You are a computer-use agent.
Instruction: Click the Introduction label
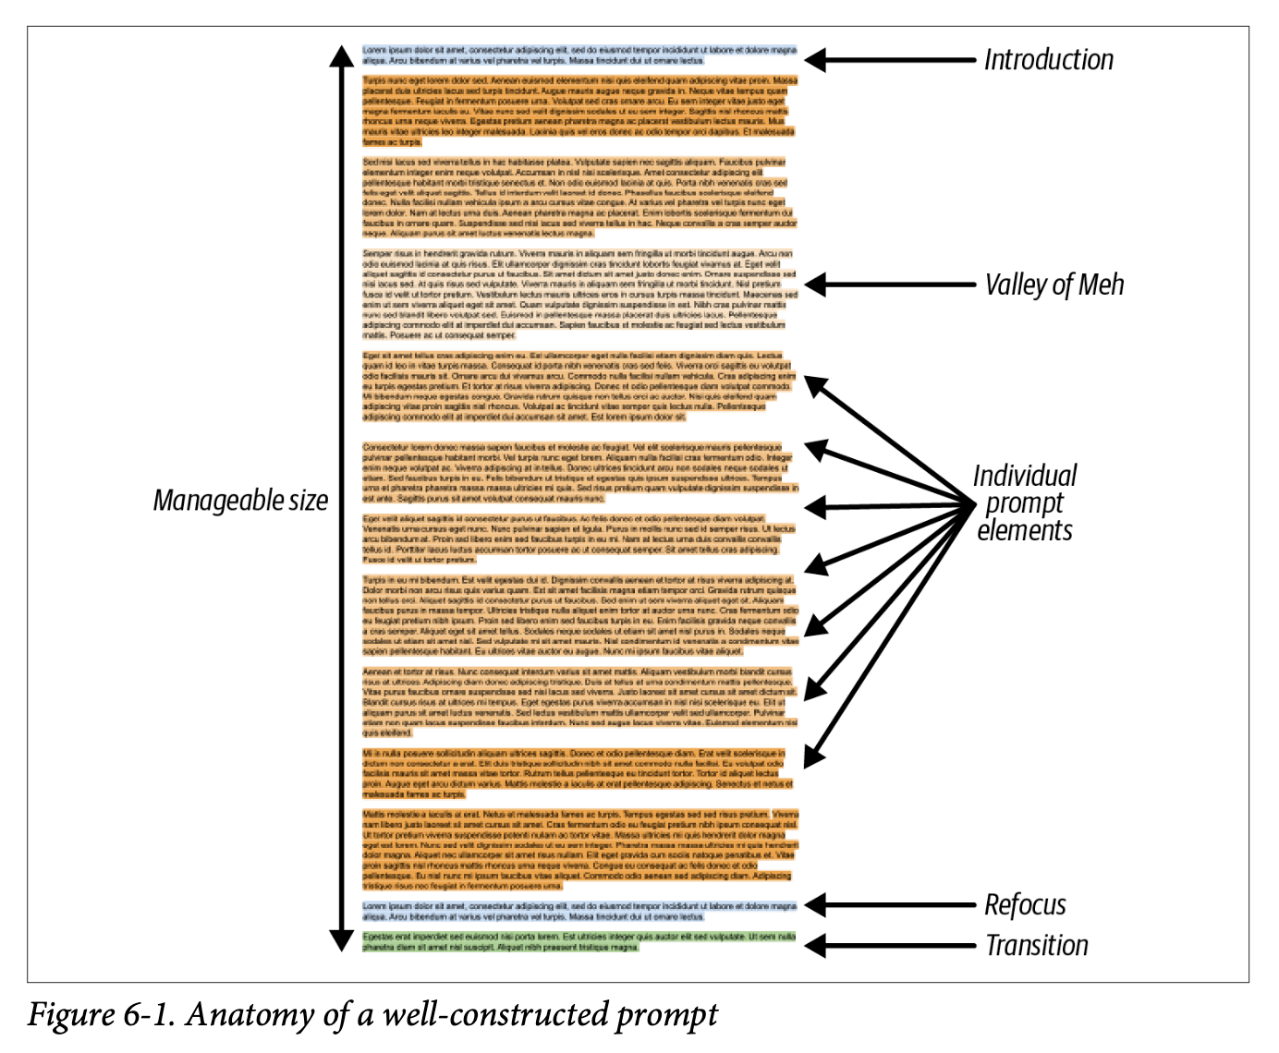click(1048, 60)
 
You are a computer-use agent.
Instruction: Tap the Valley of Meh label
click(1054, 284)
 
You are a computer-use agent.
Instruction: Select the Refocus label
click(1025, 905)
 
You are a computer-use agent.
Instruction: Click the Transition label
click(1036, 946)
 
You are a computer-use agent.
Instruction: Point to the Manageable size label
click(240, 501)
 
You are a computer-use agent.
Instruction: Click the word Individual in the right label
click(1025, 476)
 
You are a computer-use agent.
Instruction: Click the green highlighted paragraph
click(579, 941)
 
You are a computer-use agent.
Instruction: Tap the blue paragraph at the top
click(579, 54)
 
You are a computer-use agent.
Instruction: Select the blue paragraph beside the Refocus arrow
click(579, 912)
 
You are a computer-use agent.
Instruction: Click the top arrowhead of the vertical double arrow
click(342, 57)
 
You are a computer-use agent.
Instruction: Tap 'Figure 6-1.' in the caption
click(101, 1014)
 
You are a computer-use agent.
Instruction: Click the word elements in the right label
click(1025, 531)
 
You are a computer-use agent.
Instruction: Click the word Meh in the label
click(1101, 284)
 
